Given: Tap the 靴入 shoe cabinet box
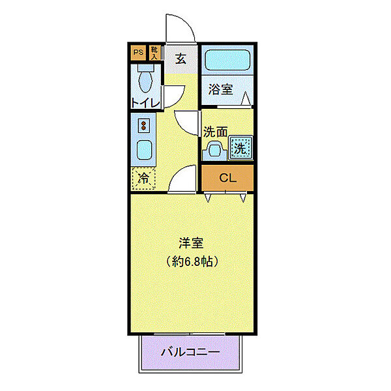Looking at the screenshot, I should (154, 52).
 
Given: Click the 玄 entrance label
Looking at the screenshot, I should (181, 58).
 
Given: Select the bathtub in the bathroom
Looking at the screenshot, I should (226, 62).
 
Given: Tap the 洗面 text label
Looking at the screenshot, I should (215, 132).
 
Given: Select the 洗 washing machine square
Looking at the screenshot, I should (240, 147).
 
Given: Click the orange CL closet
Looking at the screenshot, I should (227, 177).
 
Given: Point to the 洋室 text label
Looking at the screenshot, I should (192, 244).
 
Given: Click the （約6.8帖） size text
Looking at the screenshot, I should (192, 261).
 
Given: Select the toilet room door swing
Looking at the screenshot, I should (173, 96).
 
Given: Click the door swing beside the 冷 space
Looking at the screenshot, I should (183, 178).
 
